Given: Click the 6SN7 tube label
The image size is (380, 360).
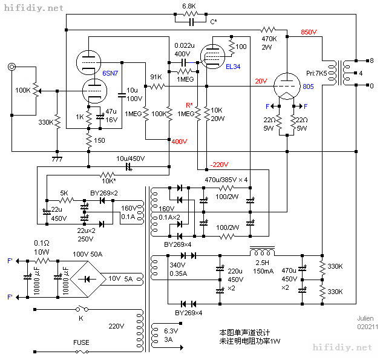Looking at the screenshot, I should pos(111,73).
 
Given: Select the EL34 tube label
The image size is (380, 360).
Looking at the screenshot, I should pos(233,66).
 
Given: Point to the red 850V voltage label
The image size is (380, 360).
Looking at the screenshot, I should pos(310,33).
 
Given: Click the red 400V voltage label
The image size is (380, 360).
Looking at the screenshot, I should pos(179,142).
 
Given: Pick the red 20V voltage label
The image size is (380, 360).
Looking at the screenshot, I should pos(261,81).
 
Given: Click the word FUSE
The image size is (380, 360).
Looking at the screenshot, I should pos(81,342).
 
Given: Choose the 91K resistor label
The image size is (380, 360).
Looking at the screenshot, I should pos(156,77).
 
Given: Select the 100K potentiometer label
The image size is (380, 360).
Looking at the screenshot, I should pos(23,90).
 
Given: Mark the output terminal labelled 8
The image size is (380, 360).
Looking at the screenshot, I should pos(371,61).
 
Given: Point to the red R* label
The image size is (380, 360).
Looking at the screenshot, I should pos(189,105).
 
